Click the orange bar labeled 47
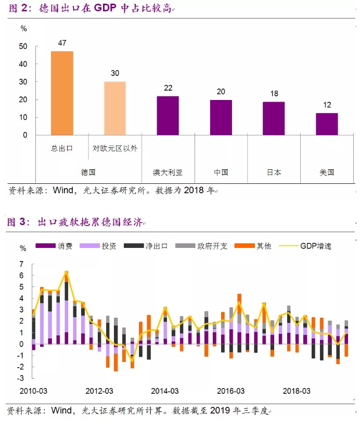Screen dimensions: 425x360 coord(62,93)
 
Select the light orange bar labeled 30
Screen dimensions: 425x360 coord(115,108)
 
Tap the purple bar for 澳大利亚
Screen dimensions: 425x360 coord(168,116)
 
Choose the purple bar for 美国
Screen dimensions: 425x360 coord(327,124)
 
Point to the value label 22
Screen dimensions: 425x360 coord(168,87)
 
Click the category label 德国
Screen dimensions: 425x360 coord(88,172)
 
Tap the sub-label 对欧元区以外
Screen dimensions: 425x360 coord(115,148)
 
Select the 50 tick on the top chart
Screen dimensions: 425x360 coord(22,46)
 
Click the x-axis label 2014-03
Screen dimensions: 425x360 coord(165,391)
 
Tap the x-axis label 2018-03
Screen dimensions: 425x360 coord(297,391)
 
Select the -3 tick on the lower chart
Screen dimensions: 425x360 coord(22,378)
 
